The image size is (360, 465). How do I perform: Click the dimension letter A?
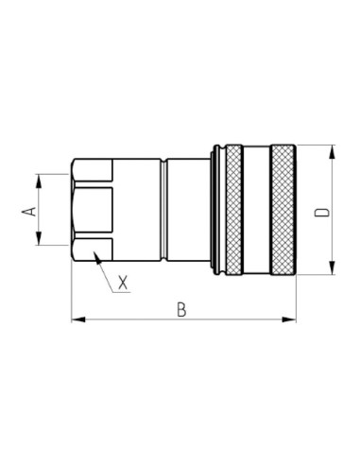[28, 210]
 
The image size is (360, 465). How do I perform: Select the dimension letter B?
[180, 309]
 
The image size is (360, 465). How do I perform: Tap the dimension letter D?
[323, 212]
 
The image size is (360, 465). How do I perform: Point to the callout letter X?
[122, 281]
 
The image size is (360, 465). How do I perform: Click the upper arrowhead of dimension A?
[39, 179]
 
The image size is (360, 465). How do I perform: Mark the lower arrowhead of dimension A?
[39, 242]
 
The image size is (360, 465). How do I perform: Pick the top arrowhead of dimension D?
[332, 150]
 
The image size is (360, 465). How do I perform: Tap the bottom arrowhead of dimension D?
[332, 272]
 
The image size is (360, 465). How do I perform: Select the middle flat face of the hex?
[92, 211]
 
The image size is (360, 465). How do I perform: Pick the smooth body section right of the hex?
[138, 211]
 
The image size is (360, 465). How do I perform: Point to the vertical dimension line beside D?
[332, 236]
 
